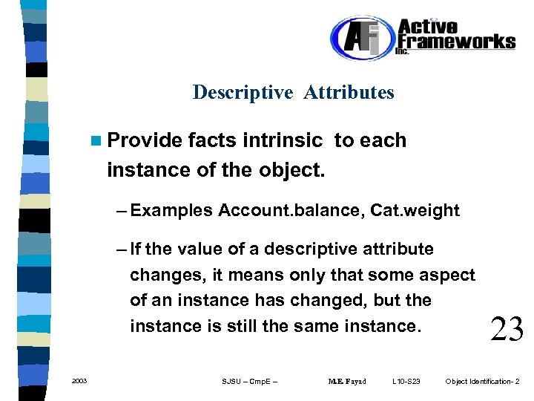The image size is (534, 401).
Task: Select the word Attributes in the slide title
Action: click(x=349, y=93)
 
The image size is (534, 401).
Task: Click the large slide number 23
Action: click(x=507, y=327)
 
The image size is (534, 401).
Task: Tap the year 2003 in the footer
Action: click(x=79, y=381)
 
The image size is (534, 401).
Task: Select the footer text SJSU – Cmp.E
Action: click(x=251, y=382)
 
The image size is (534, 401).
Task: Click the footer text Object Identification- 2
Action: click(x=482, y=382)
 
